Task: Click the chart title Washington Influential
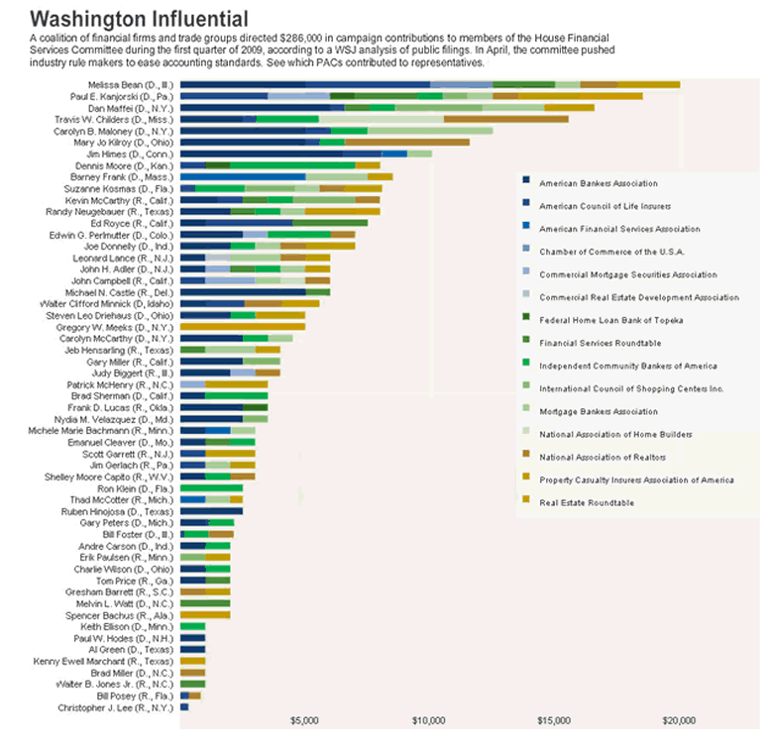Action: tap(140, 19)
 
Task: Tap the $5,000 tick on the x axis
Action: tap(304, 720)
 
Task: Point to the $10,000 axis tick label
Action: tap(429, 720)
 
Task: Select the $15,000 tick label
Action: tap(554, 720)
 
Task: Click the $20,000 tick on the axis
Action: tap(679, 720)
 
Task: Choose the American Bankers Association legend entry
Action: tap(585, 183)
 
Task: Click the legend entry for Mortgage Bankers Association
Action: tap(585, 411)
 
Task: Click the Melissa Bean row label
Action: tap(130, 85)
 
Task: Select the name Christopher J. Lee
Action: tap(128, 706)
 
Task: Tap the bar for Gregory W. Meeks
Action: tap(242, 326)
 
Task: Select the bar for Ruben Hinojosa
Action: tap(211, 511)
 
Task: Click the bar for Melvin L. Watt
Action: tap(204, 602)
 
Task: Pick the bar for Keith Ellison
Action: tap(192, 626)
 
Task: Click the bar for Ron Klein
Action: tap(211, 487)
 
